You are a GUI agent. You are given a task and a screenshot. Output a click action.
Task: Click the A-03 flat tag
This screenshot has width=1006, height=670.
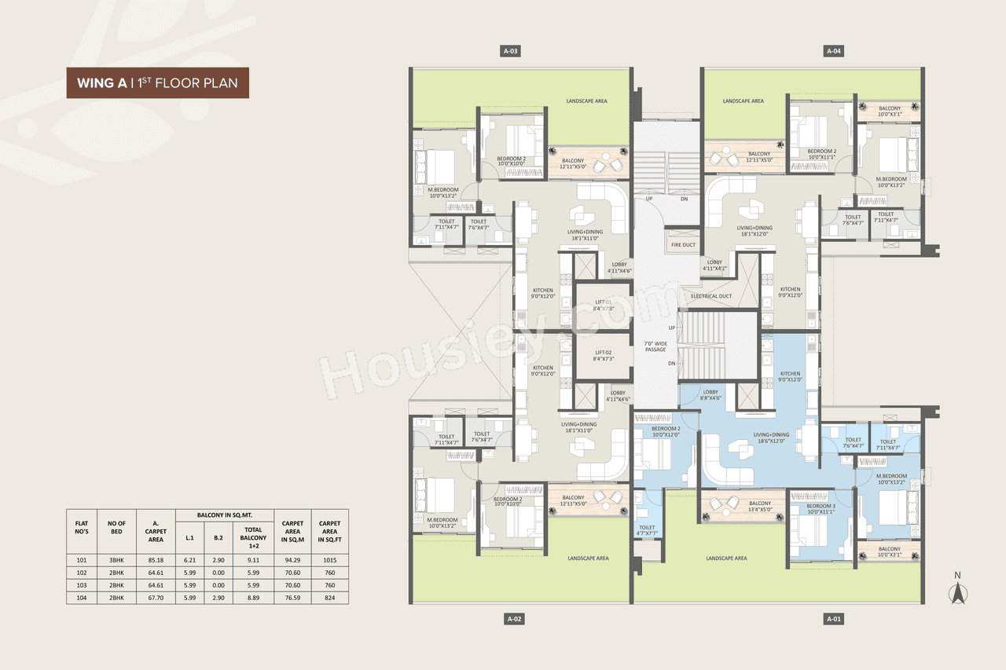pyautogui.click(x=511, y=51)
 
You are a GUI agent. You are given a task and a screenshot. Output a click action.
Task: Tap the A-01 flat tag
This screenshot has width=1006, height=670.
pyautogui.click(x=834, y=619)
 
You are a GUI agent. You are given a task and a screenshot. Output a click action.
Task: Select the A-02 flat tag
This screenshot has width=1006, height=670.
pyautogui.click(x=514, y=619)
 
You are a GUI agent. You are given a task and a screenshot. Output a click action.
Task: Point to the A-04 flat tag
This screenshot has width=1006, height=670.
pyautogui.click(x=834, y=51)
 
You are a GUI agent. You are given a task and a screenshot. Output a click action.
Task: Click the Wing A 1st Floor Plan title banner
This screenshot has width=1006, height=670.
pyautogui.click(x=157, y=82)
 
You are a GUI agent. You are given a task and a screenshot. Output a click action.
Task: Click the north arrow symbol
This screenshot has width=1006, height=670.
pyautogui.click(x=957, y=590)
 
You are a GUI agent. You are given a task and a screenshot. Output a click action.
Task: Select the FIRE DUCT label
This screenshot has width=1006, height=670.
pyautogui.click(x=683, y=245)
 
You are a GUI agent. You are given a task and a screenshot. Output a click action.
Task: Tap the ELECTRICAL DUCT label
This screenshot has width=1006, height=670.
pyautogui.click(x=711, y=296)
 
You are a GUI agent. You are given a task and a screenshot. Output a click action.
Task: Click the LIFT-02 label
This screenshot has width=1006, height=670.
pyautogui.click(x=604, y=355)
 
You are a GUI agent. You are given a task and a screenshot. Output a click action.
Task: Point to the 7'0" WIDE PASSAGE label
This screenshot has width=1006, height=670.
pyautogui.click(x=655, y=346)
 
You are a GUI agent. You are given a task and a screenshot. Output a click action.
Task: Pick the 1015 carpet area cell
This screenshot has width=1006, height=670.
pyautogui.click(x=329, y=561)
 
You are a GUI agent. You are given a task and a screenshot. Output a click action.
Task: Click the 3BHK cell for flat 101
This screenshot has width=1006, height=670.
pyautogui.click(x=116, y=561)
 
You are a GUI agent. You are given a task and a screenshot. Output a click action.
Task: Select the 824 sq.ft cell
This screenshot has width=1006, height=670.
pyautogui.click(x=329, y=598)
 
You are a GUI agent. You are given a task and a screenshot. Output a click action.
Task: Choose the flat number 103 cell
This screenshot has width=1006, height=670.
pyautogui.click(x=81, y=585)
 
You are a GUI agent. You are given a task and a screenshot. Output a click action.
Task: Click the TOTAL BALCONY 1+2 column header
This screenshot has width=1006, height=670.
pyautogui.click(x=254, y=534)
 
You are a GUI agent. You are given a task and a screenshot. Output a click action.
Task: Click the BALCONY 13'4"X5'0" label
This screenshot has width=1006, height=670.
pyautogui.click(x=759, y=507)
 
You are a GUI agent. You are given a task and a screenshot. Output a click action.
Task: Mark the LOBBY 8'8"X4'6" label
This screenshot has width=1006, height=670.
pyautogui.click(x=710, y=395)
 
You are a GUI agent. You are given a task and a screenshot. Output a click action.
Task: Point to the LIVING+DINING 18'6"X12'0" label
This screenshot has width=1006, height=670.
pyautogui.click(x=771, y=438)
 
